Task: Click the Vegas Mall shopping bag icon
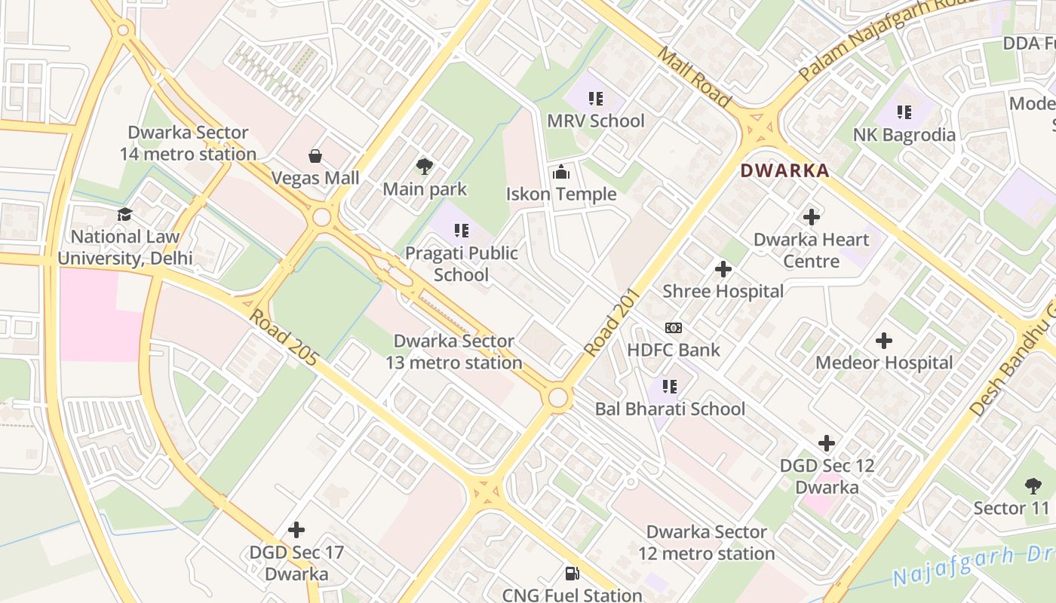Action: (x=315, y=156)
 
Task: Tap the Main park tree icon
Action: (x=425, y=167)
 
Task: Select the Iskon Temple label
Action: (x=561, y=194)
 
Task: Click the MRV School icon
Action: (x=596, y=99)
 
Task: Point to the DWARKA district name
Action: (x=784, y=170)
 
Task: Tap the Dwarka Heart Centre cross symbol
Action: (x=812, y=217)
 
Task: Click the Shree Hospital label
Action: (x=723, y=291)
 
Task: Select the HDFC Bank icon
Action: (x=674, y=328)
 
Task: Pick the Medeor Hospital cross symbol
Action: (x=884, y=341)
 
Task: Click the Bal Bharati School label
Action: (x=670, y=409)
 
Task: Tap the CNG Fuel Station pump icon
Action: (x=573, y=574)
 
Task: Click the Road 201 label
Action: (x=612, y=323)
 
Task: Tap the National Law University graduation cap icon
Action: (x=124, y=215)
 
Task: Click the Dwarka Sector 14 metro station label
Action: (x=188, y=143)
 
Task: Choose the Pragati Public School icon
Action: (x=461, y=231)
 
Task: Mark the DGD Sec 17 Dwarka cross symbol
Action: (x=296, y=530)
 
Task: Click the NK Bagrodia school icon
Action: (x=904, y=113)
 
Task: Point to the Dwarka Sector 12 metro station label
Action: (x=706, y=543)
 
